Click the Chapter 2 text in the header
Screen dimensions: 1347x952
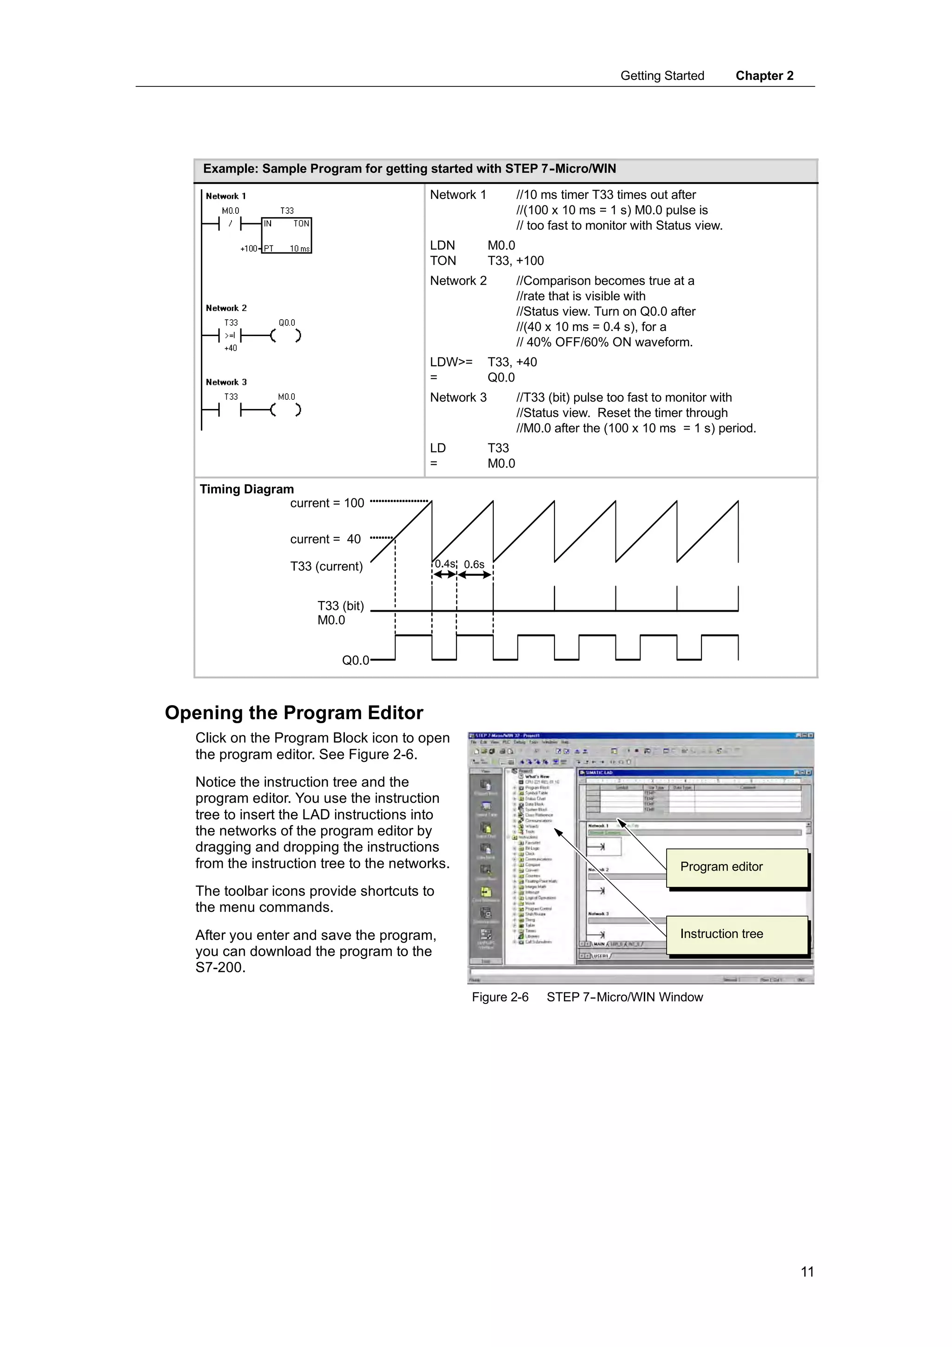coord(764,76)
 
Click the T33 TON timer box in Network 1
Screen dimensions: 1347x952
coord(286,235)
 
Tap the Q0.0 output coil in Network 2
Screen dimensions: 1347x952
coord(286,336)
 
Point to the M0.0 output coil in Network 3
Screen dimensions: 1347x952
coord(286,409)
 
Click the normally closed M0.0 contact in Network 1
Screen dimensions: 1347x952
coord(230,224)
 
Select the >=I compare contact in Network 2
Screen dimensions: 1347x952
coord(230,336)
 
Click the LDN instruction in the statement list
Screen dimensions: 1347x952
coord(442,245)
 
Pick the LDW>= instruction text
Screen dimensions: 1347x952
coord(450,362)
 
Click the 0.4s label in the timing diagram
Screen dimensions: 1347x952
coord(444,564)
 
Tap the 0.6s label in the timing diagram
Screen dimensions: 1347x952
coord(474,564)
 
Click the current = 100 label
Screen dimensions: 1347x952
coord(327,503)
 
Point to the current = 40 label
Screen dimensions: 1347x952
coord(325,539)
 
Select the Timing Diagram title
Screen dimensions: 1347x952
coord(246,489)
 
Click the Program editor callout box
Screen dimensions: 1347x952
coord(737,867)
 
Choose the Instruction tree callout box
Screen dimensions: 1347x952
coord(737,934)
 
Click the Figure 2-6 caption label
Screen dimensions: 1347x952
coord(500,997)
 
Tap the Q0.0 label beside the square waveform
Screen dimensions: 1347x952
coord(355,660)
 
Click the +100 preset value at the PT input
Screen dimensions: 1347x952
coord(248,249)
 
